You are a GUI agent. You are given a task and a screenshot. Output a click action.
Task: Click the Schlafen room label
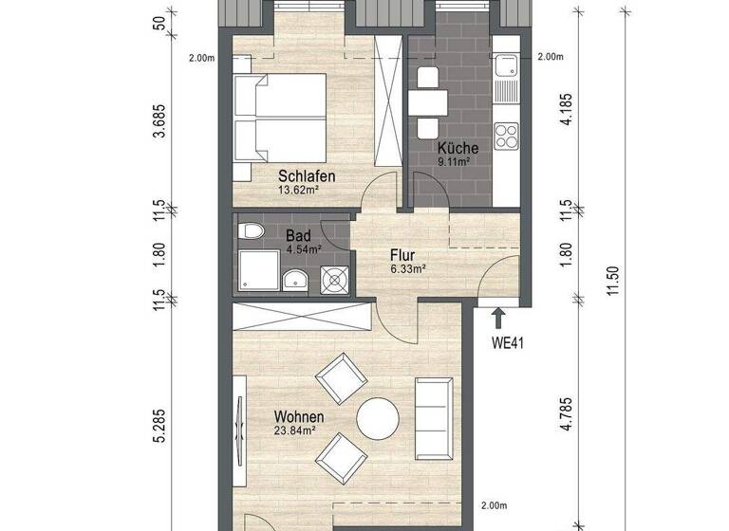(307, 175)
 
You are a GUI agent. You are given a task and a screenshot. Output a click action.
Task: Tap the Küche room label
(458, 148)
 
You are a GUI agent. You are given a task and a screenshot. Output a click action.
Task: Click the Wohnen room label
(299, 416)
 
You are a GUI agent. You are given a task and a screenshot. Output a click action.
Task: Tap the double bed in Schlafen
(280, 119)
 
